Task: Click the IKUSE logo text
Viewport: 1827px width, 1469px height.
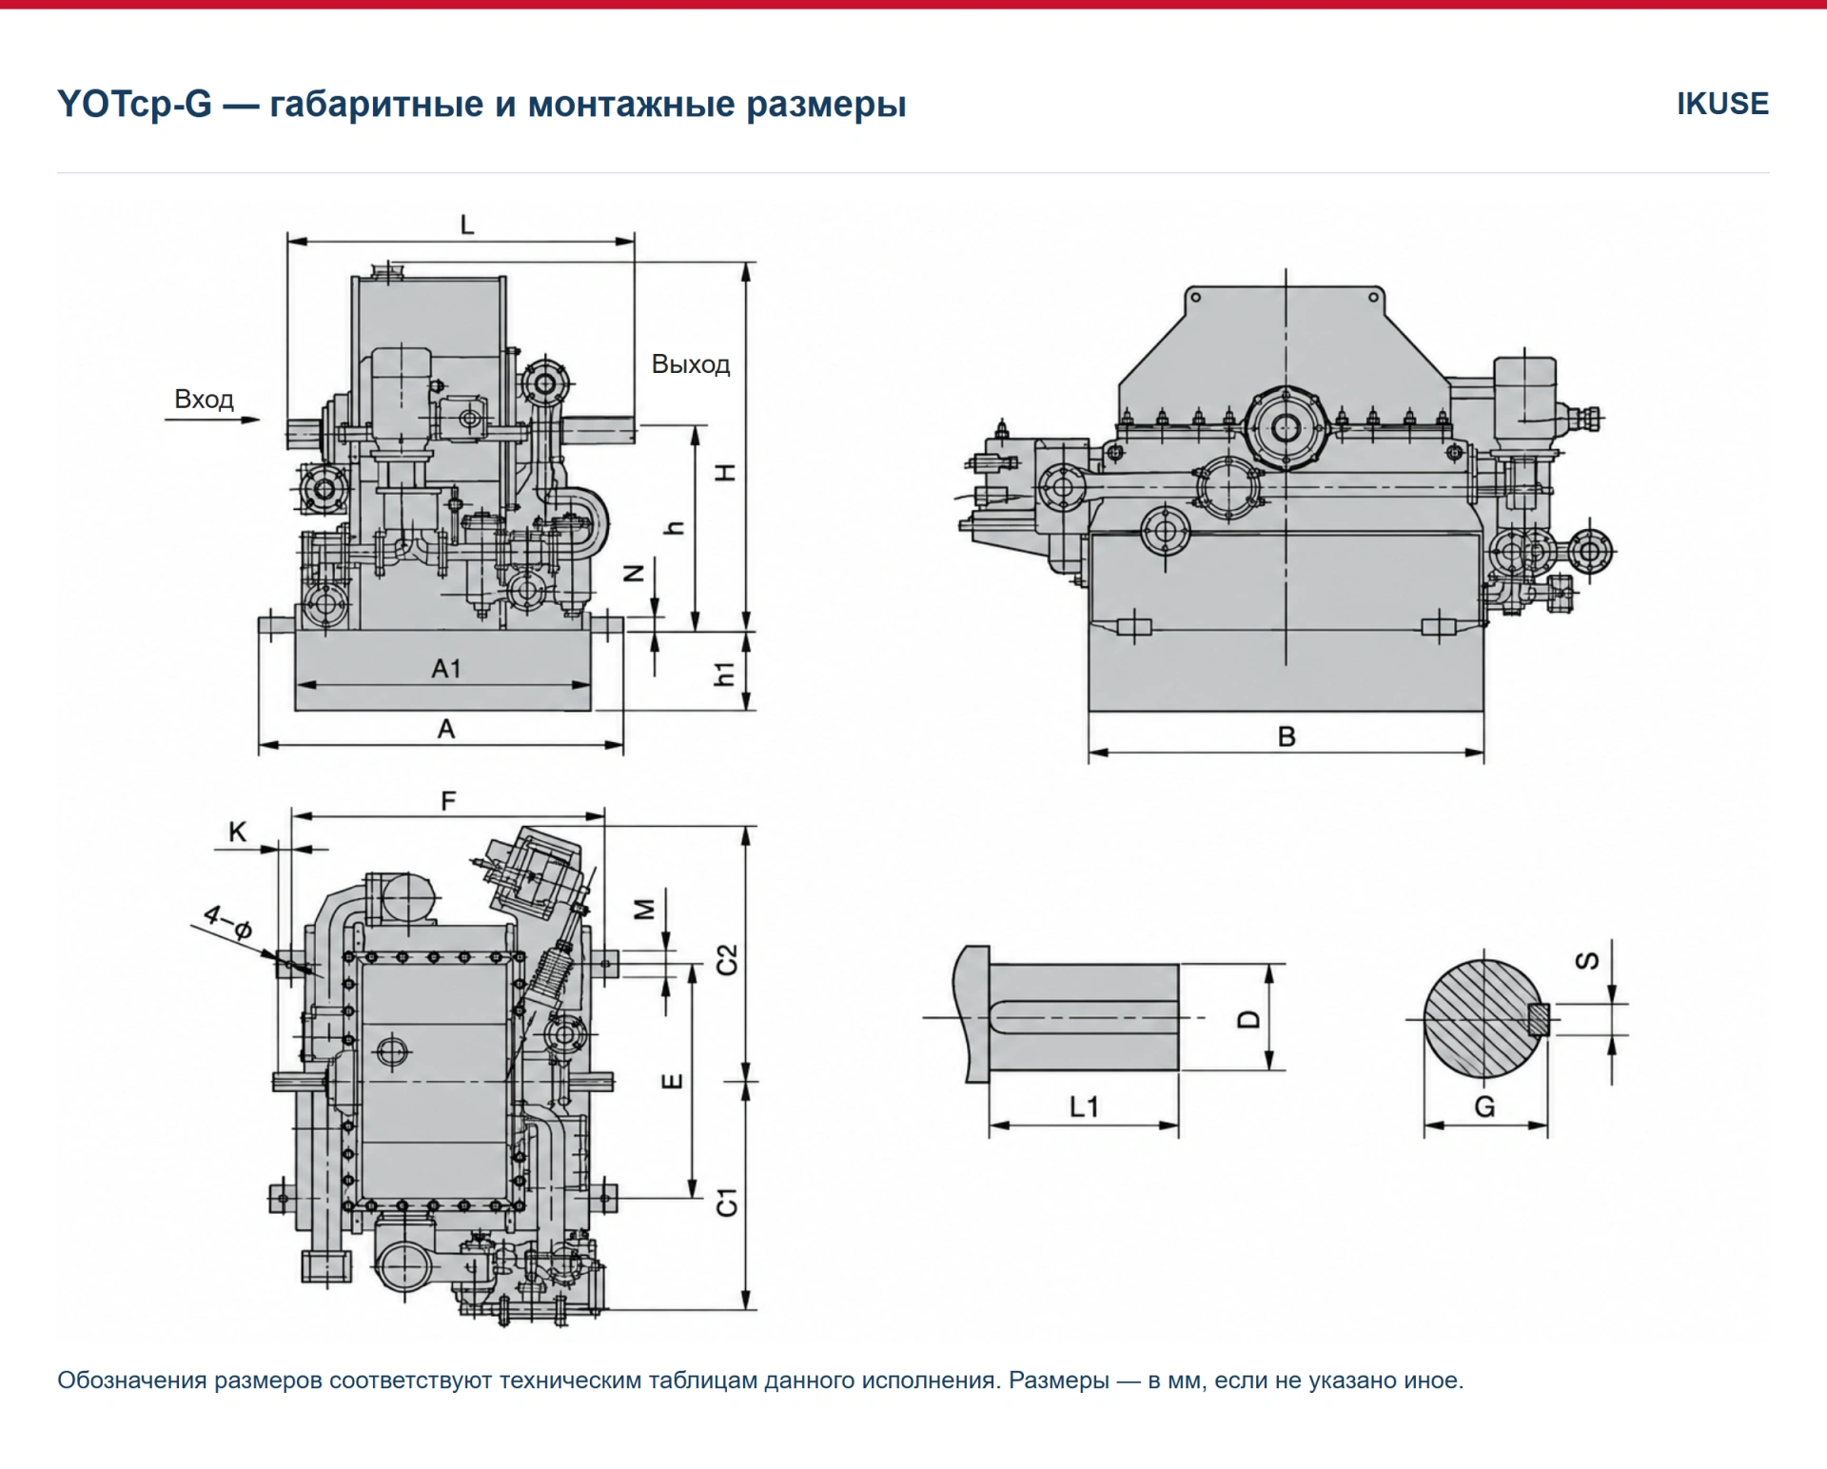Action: coord(1722,104)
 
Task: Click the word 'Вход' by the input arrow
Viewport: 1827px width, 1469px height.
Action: coord(204,399)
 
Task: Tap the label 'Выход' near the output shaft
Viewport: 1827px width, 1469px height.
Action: coord(691,364)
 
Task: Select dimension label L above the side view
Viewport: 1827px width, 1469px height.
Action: coord(466,225)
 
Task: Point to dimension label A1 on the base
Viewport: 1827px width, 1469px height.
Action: coord(445,669)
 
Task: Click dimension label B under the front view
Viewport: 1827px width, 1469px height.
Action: coord(1287,736)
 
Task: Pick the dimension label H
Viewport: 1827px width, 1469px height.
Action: coord(725,472)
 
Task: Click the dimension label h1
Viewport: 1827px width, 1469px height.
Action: coord(725,674)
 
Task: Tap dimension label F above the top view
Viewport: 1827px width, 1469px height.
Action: coord(448,801)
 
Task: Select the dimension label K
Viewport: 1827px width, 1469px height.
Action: coord(237,832)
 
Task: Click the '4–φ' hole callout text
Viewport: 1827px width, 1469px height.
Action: coord(228,922)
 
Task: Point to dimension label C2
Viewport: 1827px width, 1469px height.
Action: coord(726,960)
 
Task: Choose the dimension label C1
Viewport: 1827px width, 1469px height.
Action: coord(726,1202)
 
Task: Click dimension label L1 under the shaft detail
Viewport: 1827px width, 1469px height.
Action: coord(1084,1107)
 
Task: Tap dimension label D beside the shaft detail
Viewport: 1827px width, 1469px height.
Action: coord(1248,1020)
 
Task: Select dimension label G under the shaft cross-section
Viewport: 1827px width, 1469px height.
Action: coord(1484,1107)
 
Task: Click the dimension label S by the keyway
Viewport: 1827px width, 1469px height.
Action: coord(1587,961)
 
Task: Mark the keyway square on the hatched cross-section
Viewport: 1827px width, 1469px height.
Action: coord(1539,1020)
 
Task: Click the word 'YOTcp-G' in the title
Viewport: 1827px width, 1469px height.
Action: coord(134,105)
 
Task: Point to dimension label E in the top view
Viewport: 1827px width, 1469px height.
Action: coord(672,1081)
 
